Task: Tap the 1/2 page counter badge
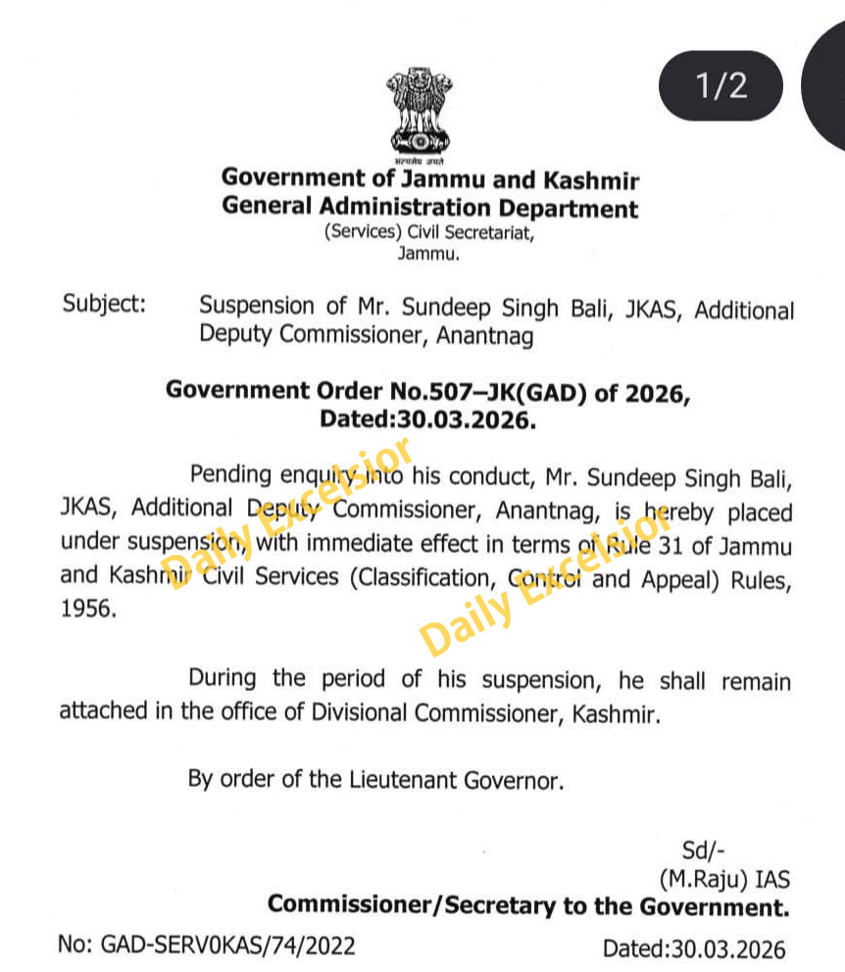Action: point(721,86)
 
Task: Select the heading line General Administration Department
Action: point(429,208)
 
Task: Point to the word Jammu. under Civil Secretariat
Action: point(427,253)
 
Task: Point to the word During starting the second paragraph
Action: point(224,678)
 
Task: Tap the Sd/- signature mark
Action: point(703,850)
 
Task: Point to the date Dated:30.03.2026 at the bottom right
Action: point(693,948)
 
